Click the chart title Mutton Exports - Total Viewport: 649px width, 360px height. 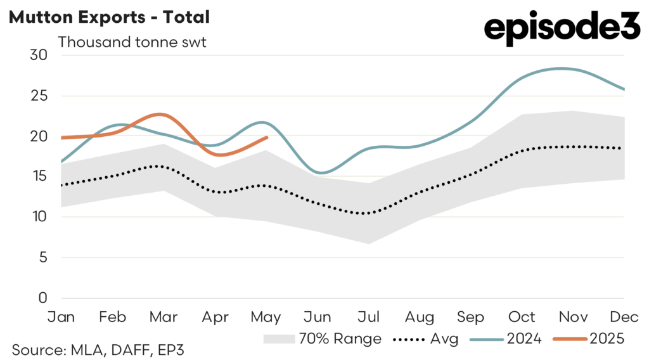pyautogui.click(x=108, y=17)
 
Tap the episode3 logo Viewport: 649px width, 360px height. pyautogui.click(x=562, y=30)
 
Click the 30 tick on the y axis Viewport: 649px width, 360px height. pyautogui.click(x=39, y=55)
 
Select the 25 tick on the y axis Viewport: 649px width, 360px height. pyautogui.click(x=39, y=96)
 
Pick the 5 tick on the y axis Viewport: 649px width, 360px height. pyautogui.click(x=43, y=257)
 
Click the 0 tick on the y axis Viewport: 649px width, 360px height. pyautogui.click(x=43, y=298)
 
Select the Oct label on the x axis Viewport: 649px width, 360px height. pyautogui.click(x=522, y=317)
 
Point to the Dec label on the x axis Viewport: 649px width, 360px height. pyautogui.click(x=624, y=317)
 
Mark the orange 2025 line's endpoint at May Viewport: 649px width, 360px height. pyautogui.click(x=267, y=137)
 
